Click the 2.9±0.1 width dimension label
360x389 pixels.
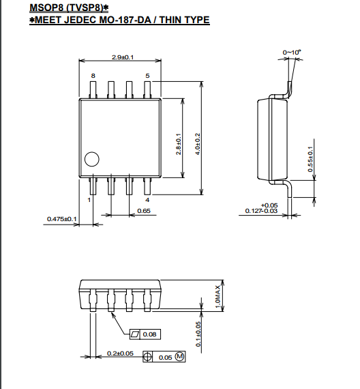click(123, 57)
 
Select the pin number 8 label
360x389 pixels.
click(93, 76)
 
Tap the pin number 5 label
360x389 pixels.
click(147, 76)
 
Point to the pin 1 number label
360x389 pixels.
click(89, 200)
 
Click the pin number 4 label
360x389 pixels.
click(147, 200)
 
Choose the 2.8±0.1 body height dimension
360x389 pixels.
click(178, 144)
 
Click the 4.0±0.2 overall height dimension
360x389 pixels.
click(198, 144)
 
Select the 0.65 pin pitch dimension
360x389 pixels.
click(144, 211)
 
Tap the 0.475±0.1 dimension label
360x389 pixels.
click(62, 219)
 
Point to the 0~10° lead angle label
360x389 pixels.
click(292, 53)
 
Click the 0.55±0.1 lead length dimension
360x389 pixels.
click(310, 159)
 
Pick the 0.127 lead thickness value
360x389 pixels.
click(254, 211)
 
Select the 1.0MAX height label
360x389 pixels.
click(217, 296)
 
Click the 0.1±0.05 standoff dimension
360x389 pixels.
click(198, 334)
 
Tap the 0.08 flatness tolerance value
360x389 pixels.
click(149, 334)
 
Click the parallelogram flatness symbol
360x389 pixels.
click(135, 334)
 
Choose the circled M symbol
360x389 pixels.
click(180, 357)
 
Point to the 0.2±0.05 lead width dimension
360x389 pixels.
click(120, 354)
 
